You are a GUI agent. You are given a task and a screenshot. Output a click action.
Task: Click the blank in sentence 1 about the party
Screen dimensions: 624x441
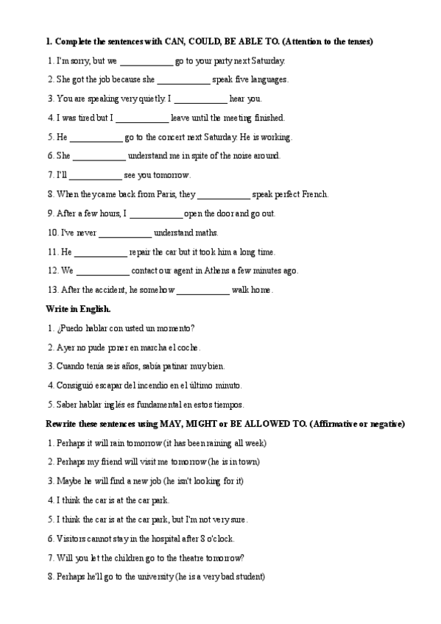(146, 61)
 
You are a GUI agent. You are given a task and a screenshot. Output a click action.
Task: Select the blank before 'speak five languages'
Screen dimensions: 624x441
(183, 80)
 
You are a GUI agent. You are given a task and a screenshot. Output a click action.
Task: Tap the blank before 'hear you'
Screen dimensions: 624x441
(200, 99)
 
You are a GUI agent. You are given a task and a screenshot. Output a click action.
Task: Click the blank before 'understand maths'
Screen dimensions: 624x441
(124, 233)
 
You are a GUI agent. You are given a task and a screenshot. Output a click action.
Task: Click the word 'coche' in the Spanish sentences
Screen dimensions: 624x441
(187, 347)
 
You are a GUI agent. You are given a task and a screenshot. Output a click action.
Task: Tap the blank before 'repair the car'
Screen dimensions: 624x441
(100, 252)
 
